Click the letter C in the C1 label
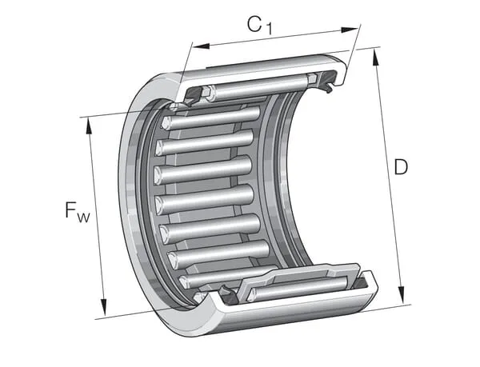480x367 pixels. click(x=254, y=24)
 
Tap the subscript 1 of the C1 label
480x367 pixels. click(x=269, y=30)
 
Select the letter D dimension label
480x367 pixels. click(x=401, y=166)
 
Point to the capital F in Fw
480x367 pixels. click(x=70, y=209)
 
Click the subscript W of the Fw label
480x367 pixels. click(x=83, y=217)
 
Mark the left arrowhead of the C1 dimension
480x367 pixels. click(x=201, y=46)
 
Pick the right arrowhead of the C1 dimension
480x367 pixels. click(x=350, y=30)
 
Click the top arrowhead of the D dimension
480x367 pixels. click(x=376, y=57)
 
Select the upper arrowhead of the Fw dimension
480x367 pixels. click(x=89, y=126)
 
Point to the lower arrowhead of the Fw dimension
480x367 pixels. click(x=104, y=307)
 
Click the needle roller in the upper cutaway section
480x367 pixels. click(x=257, y=87)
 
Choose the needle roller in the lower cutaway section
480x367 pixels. click(x=298, y=288)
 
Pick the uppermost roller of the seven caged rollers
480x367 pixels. click(x=211, y=118)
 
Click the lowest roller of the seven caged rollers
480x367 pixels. click(x=228, y=277)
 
